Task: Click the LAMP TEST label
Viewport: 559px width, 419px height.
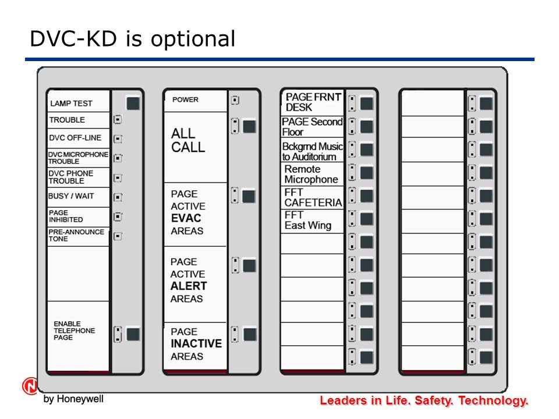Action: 71,104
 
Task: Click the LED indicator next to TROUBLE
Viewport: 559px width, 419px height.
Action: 118,119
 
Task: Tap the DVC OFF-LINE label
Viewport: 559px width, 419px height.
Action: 75,137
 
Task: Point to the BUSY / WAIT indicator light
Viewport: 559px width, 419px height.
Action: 118,197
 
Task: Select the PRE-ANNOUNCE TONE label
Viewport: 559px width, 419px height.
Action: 76,235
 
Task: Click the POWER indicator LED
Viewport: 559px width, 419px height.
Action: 235,100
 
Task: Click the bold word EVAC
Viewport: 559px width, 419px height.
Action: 186,218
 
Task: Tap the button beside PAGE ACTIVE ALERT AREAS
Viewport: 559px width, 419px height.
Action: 249,266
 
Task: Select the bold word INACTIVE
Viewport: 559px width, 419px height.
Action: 196,343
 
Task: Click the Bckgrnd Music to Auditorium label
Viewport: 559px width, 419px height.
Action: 312,151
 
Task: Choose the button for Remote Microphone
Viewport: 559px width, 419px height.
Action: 366,173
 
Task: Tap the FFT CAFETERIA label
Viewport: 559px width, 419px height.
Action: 313,197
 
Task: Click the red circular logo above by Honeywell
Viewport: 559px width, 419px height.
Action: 30,386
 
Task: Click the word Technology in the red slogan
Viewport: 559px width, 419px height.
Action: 493,400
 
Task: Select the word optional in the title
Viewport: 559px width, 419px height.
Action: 193,39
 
